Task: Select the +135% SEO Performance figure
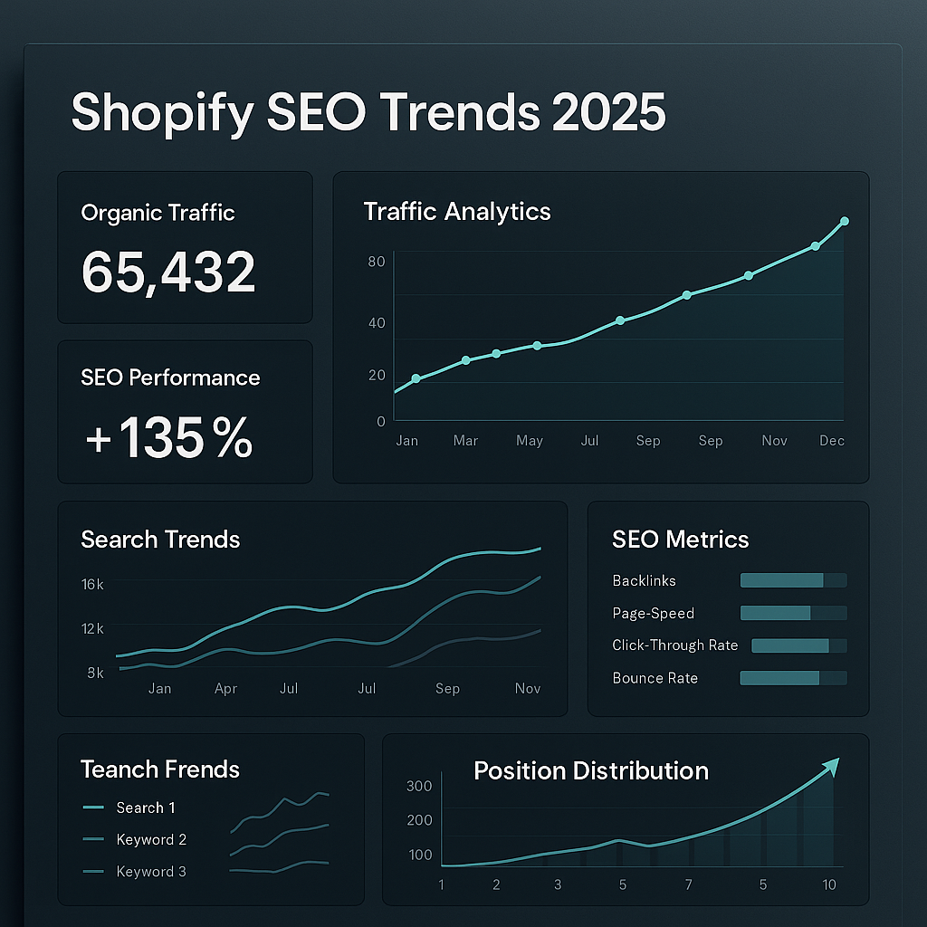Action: (x=168, y=438)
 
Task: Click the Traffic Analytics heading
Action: (x=457, y=212)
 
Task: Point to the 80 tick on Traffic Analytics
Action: (x=377, y=263)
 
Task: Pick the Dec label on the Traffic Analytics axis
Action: (x=832, y=441)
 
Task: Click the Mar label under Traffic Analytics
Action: (x=465, y=441)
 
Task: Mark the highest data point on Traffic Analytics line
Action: (x=845, y=221)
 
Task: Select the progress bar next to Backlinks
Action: (x=793, y=580)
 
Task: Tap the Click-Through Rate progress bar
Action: (x=798, y=645)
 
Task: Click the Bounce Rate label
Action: (x=655, y=678)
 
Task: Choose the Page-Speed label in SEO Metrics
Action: (x=653, y=613)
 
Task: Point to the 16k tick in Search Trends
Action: (x=92, y=585)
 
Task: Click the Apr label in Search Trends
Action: (x=225, y=689)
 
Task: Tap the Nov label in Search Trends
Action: (x=527, y=689)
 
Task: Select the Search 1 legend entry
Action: (x=145, y=808)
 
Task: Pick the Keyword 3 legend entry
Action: (x=150, y=872)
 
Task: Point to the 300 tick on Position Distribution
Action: (x=419, y=786)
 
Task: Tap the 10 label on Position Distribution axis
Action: (x=829, y=884)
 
